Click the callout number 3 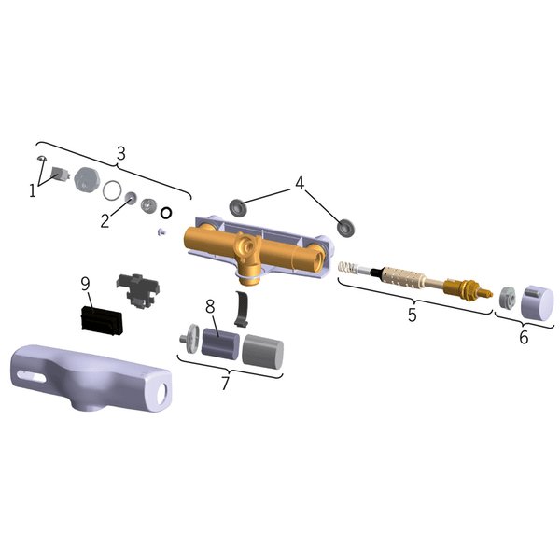(121, 154)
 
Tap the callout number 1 (33, 190)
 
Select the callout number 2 (105, 220)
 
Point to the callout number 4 (300, 183)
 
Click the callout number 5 (413, 315)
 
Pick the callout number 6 (524, 337)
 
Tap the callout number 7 (225, 384)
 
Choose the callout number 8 (210, 306)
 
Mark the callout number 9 (85, 284)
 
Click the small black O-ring (166, 213)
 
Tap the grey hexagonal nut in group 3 (88, 178)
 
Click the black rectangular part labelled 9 (102, 320)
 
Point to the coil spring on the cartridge (348, 269)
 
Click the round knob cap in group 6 (538, 301)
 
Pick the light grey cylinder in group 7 (263, 352)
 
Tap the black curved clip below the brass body (242, 308)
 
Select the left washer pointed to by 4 (237, 207)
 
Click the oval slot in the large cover (32, 376)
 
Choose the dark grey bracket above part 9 (137, 289)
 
